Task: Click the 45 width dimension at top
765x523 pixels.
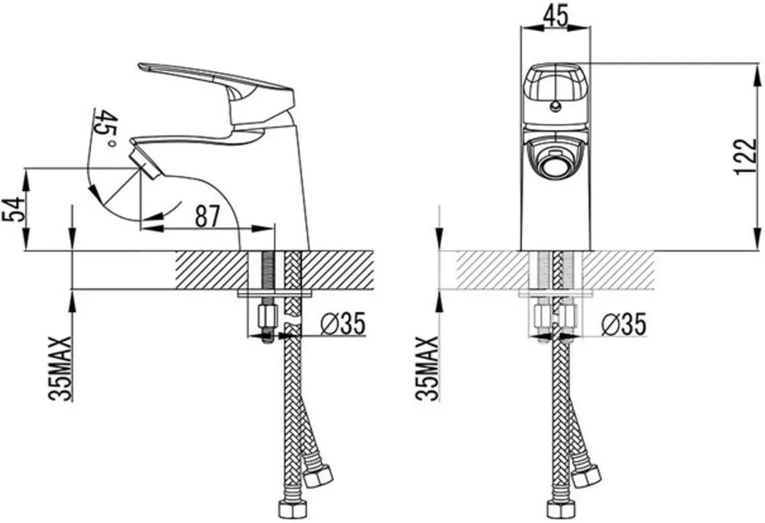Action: tap(555, 15)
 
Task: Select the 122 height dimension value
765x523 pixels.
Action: tap(746, 156)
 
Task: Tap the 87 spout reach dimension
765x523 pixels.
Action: tap(208, 216)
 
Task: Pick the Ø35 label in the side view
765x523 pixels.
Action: tap(343, 323)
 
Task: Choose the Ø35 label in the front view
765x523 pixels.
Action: tap(623, 324)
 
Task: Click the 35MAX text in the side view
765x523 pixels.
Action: tap(61, 368)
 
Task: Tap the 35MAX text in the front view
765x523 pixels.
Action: tap(428, 368)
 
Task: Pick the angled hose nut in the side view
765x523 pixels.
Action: tap(318, 476)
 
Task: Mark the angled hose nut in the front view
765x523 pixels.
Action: tap(586, 476)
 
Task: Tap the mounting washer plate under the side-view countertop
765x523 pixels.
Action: tap(276, 294)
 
